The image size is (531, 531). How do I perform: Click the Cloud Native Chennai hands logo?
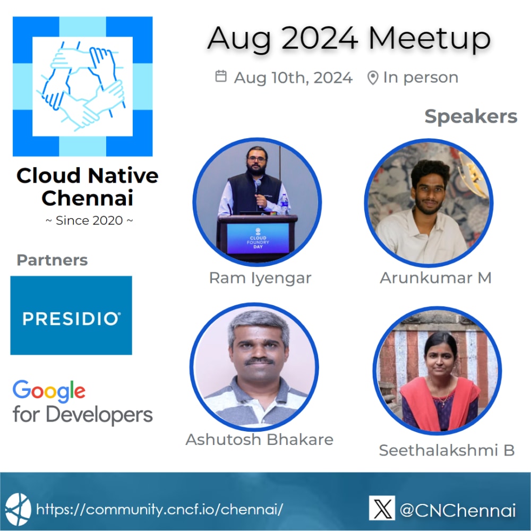[x=82, y=87]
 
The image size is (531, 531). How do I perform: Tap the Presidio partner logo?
[x=71, y=315]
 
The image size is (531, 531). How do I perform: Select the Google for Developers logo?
[x=82, y=402]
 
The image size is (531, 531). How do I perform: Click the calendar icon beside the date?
[x=220, y=76]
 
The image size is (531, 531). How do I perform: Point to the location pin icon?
[x=373, y=78]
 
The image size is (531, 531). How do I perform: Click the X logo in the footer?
[x=382, y=508]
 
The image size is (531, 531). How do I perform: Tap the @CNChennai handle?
[x=457, y=510]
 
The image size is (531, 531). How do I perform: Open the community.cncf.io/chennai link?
[x=159, y=509]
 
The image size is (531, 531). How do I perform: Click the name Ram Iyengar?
[x=260, y=278]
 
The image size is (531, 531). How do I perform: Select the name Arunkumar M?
[x=435, y=277]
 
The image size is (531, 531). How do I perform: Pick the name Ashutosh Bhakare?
[x=259, y=440]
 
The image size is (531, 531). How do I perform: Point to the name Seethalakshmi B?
[x=447, y=450]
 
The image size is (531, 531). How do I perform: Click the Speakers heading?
[x=470, y=116]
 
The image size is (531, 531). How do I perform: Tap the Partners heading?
[x=52, y=260]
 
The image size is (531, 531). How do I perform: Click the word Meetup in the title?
[x=429, y=39]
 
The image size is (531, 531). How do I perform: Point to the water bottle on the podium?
[x=285, y=204]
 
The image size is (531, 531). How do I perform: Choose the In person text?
[x=421, y=78]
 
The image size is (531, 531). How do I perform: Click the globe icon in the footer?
[x=18, y=509]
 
